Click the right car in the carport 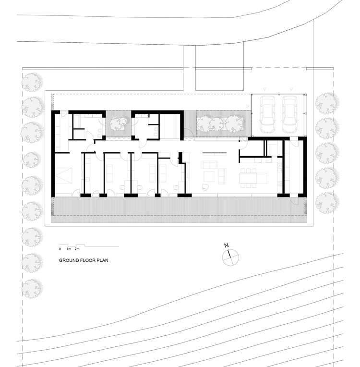289,115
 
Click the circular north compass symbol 230,257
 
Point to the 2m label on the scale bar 77,249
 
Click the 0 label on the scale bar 60,249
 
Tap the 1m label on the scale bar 69,249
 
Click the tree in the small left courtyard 118,125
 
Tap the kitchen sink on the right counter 279,168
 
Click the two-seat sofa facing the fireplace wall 209,166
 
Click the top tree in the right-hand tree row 327,102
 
